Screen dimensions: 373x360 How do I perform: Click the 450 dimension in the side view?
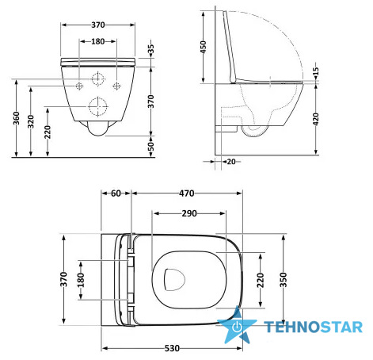tap(204, 47)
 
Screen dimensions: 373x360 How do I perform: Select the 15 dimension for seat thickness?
tap(316, 71)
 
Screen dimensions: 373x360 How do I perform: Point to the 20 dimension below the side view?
tap(231, 162)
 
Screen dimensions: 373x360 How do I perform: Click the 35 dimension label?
tap(150, 50)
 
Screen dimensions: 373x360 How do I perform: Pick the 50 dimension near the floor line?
tap(150, 146)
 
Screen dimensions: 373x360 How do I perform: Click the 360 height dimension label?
tap(17, 118)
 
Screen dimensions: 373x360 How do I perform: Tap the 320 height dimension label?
tap(31, 121)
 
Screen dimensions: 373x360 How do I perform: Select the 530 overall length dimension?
tap(172, 348)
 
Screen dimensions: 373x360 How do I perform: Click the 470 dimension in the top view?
tap(187, 193)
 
